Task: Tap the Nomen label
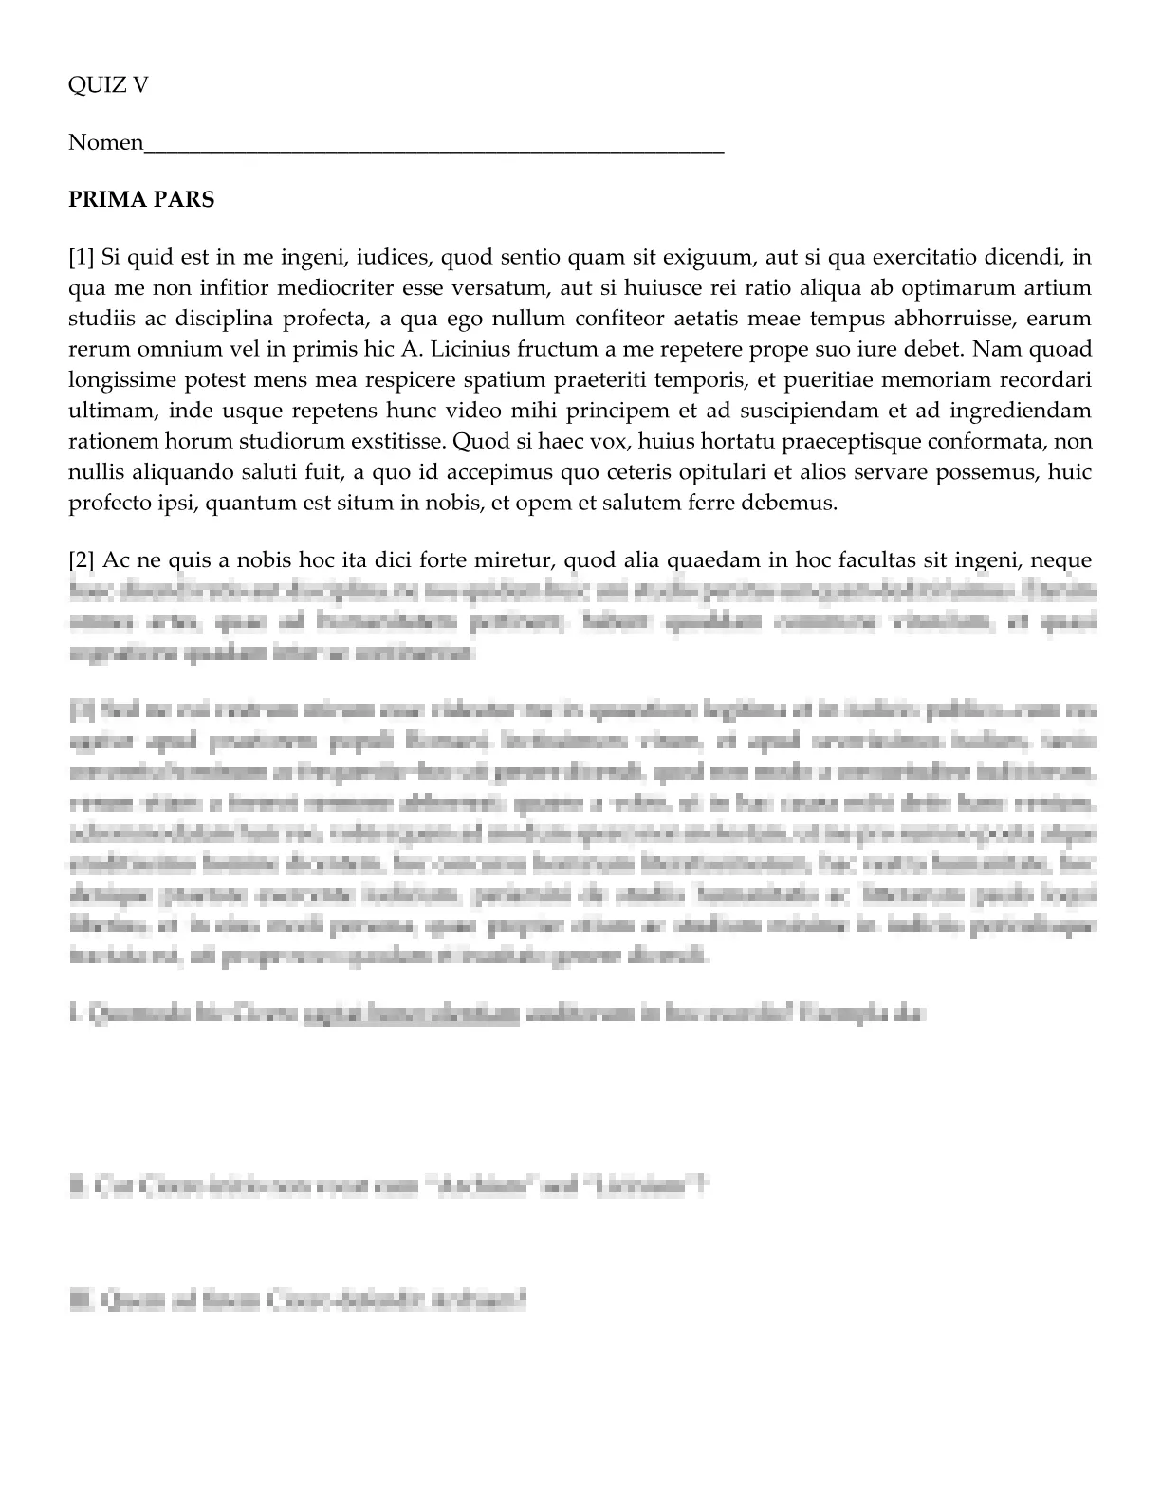coord(105,144)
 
